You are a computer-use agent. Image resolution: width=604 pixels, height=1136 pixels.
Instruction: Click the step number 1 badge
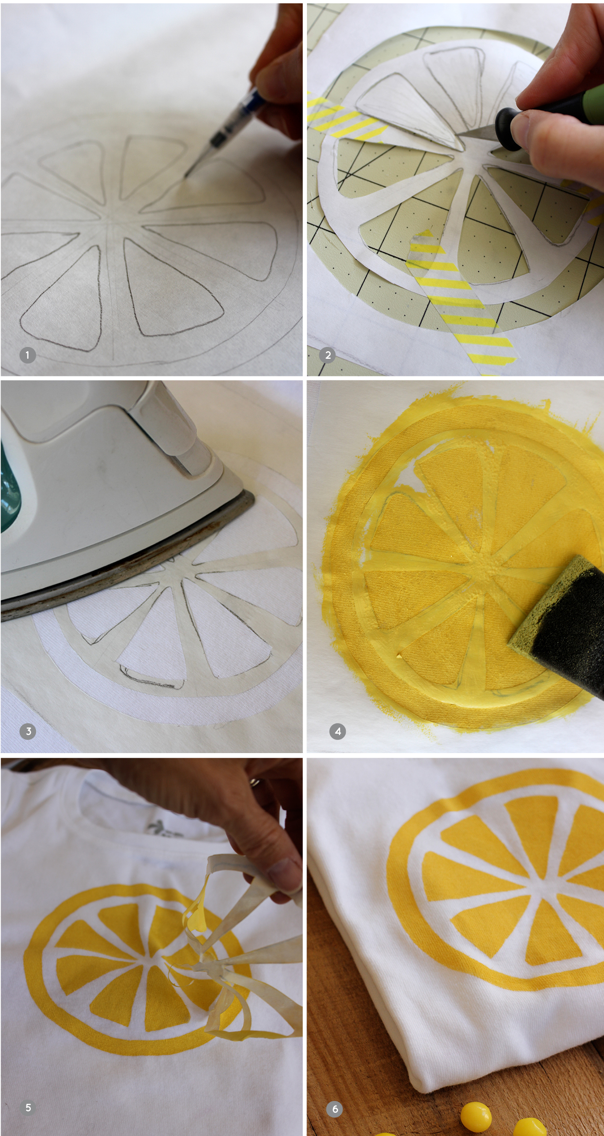coord(27,355)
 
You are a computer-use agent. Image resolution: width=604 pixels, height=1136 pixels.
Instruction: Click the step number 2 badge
coord(328,355)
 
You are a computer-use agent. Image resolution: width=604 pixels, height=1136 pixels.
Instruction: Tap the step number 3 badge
coord(28,732)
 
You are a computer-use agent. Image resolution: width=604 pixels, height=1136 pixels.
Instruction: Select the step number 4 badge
coord(338,732)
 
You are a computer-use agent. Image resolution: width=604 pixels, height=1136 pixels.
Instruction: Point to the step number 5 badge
coord(28,1108)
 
